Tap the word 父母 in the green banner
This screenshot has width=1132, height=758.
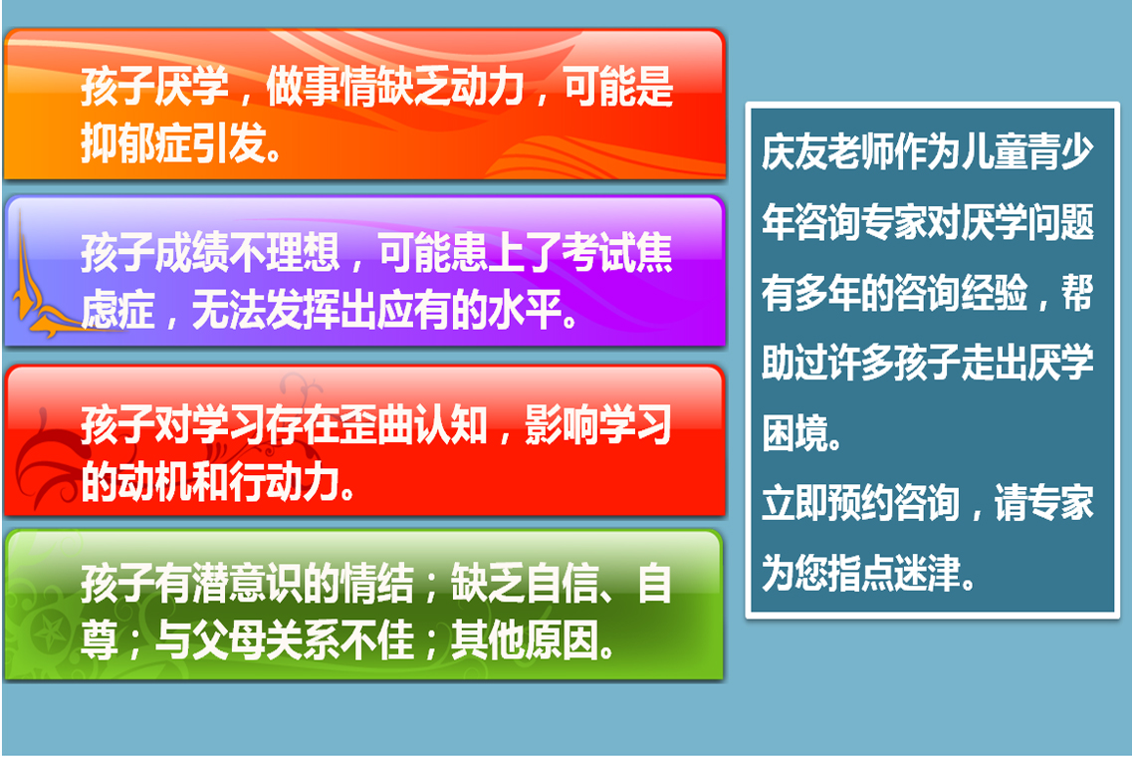tap(228, 640)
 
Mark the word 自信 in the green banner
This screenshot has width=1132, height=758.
tap(562, 584)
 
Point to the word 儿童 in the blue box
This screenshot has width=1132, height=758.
tap(994, 151)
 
